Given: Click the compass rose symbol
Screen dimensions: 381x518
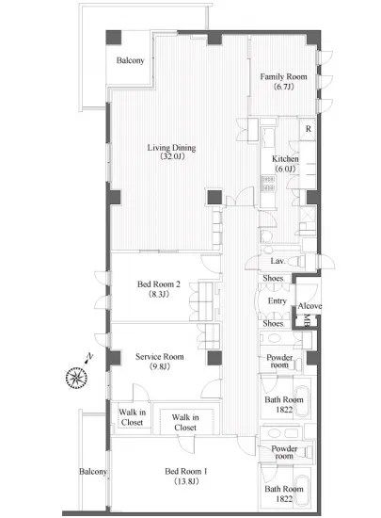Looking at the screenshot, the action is tap(76, 378).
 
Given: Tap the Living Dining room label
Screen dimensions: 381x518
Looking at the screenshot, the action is tap(171, 148).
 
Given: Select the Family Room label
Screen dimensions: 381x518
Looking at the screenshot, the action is tap(283, 76).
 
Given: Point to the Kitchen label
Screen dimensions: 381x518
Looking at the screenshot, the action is tap(285, 159).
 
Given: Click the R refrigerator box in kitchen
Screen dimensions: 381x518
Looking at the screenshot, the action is tap(308, 129).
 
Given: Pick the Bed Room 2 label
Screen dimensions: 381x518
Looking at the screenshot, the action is tap(159, 284).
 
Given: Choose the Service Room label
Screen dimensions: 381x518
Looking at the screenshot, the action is tap(160, 357).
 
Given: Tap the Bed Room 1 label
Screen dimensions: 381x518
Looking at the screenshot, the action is tap(186, 472).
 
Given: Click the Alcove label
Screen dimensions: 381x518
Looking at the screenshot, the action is tap(310, 306).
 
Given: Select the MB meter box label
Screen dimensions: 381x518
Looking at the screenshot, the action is tap(306, 320).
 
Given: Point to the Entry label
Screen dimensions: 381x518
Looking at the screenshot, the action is tap(278, 301).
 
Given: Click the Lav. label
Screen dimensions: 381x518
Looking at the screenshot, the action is tap(278, 261).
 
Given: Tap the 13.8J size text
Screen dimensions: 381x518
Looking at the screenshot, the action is tap(186, 481).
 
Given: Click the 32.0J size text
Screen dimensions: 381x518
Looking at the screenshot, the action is tap(172, 156).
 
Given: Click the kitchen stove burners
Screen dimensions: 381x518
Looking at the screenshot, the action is tap(268, 184).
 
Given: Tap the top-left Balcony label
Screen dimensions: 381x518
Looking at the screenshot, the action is tap(131, 60).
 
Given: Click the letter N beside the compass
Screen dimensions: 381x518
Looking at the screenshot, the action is tap(89, 356).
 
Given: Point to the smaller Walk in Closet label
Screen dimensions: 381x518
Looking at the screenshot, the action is tap(132, 417).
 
